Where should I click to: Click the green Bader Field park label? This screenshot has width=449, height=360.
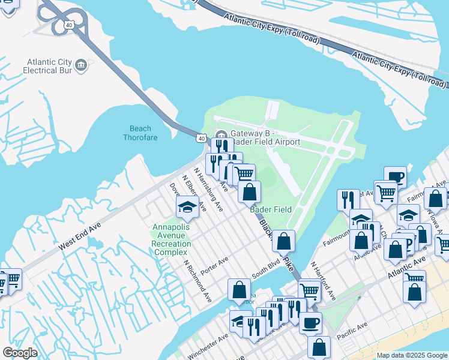click(271, 209)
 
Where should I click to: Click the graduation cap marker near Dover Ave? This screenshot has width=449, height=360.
click(187, 208)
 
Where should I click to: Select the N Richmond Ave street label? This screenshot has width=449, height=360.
click(197, 281)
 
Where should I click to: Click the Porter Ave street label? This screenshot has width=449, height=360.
click(215, 266)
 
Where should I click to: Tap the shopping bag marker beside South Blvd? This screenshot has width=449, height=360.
click(239, 290)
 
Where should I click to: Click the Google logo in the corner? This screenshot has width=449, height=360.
click(20, 353)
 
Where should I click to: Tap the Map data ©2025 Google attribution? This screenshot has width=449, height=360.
click(412, 355)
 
